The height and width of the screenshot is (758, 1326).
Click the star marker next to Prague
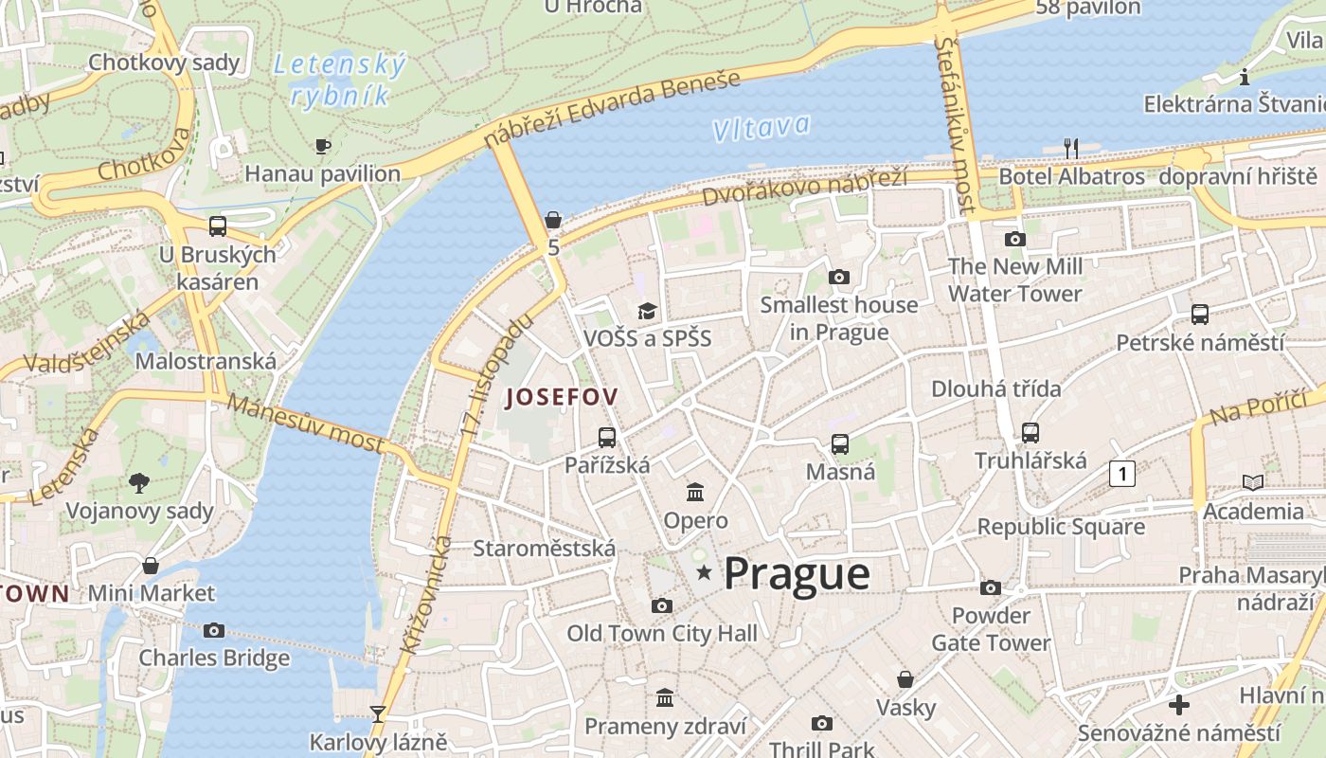704,573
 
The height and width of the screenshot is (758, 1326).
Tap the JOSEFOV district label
562,397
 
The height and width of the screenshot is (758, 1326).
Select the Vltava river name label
762,128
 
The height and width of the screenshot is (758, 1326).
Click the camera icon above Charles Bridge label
214,630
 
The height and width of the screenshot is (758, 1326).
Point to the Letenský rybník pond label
338,81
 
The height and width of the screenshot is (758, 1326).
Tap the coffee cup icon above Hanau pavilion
322,146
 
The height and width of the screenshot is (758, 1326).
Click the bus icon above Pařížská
607,438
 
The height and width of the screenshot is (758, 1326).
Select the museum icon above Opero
695,492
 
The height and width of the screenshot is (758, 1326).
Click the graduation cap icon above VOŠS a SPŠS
647,311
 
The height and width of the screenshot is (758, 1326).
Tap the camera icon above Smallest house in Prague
838,277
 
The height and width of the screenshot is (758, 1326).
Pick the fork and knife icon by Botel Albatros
1071,148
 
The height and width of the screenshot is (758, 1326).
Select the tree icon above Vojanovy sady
139,483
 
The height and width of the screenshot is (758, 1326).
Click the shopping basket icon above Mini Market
151,566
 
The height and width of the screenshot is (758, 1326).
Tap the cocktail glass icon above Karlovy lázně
378,713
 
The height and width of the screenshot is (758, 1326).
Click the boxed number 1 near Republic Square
1121,473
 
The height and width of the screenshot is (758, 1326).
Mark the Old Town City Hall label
662,633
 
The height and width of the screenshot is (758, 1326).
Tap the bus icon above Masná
840,443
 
